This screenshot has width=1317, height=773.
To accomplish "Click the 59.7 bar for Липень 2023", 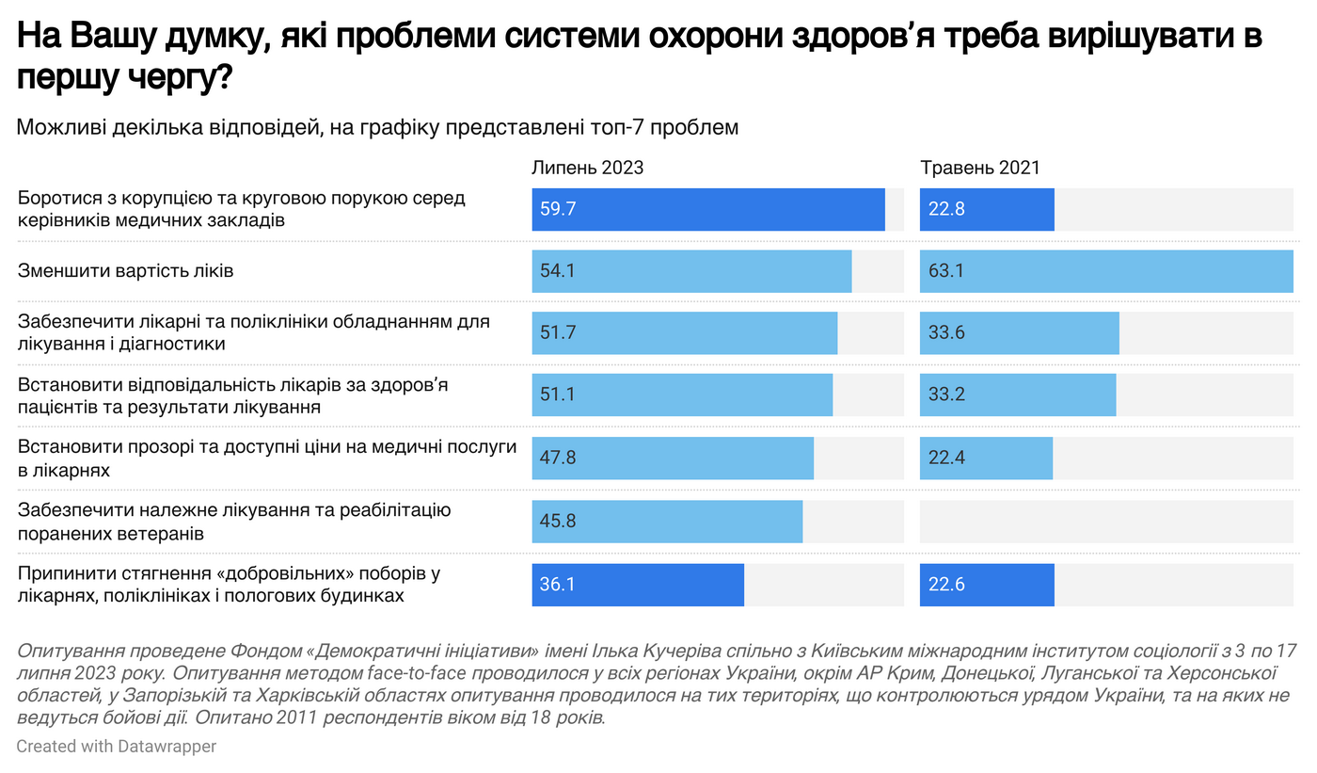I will [x=707, y=209].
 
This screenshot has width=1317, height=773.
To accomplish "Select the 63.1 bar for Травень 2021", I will [x=1106, y=271].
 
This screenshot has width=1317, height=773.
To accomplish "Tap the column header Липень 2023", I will [x=587, y=168].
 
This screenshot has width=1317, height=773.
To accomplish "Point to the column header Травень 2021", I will [x=979, y=168].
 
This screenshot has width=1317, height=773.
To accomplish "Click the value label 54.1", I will [x=558, y=271].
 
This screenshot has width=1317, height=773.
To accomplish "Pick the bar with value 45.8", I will [x=667, y=522].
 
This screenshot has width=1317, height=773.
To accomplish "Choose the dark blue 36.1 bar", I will [x=638, y=585].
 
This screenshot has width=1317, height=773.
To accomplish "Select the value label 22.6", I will [x=946, y=585].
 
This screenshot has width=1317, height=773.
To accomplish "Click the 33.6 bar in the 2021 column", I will [x=1019, y=333].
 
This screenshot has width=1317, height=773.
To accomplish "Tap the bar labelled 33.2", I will [x=1018, y=395].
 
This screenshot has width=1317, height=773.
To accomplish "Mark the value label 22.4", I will [x=946, y=459].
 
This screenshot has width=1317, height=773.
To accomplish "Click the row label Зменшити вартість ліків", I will [x=126, y=271].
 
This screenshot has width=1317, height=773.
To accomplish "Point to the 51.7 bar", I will [x=684, y=333].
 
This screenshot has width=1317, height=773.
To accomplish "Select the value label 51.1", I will [x=558, y=395].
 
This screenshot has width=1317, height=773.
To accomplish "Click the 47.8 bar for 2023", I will [x=672, y=459].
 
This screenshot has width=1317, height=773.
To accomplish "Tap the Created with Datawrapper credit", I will [x=117, y=747].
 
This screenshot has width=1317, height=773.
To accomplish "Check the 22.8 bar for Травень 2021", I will [x=987, y=209].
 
